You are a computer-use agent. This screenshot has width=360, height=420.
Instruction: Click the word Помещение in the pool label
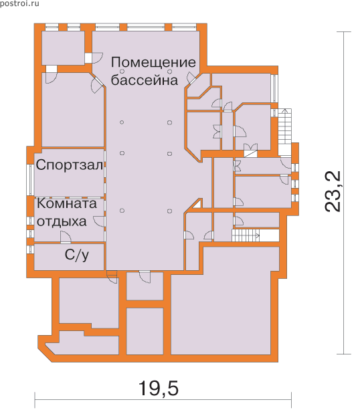tap(153, 63)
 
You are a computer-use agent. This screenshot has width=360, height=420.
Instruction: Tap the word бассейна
tap(145, 80)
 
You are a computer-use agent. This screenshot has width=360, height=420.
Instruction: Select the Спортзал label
tap(70, 165)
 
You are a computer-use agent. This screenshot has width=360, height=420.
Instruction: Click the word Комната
tap(67, 203)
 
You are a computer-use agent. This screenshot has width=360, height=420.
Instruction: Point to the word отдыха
tap(62, 222)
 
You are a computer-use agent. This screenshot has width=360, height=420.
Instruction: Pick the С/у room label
tap(77, 255)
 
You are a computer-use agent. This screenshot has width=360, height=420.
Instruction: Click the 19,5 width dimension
tap(158, 389)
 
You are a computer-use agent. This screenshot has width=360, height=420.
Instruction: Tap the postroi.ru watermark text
tap(19, 3)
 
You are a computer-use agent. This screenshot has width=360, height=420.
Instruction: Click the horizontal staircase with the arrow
tap(246, 235)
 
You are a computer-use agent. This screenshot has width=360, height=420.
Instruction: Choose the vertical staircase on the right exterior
tap(284, 132)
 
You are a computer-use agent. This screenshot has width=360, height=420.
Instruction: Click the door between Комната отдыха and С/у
tap(66, 237)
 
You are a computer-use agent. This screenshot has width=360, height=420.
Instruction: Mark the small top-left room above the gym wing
tap(64, 47)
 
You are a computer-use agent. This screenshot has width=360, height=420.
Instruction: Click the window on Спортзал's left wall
tap(31, 179)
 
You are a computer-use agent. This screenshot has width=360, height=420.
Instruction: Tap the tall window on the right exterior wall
tap(274, 88)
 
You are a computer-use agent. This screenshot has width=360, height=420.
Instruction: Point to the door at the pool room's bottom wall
tap(145, 276)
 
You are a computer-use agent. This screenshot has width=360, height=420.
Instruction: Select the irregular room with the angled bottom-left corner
tap(82, 346)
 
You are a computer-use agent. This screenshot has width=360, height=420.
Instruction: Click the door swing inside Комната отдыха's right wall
tap(99, 222)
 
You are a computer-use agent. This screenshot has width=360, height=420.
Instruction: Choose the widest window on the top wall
tap(146, 26)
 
